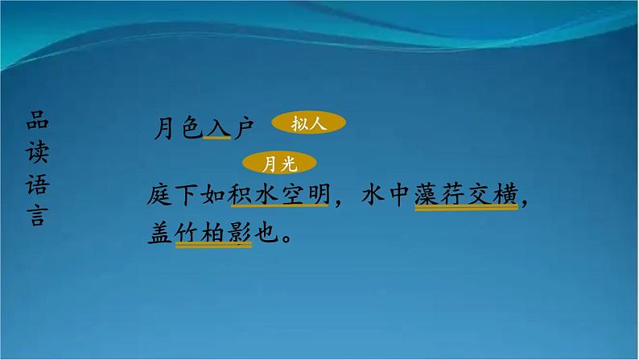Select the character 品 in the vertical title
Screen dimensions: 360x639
click(x=37, y=120)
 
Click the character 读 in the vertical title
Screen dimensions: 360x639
click(x=37, y=153)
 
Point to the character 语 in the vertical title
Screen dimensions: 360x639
click(x=37, y=186)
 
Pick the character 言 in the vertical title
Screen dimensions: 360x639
click(x=37, y=218)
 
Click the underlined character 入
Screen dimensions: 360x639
click(x=216, y=127)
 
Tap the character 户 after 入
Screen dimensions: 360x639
click(x=242, y=127)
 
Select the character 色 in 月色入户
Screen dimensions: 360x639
click(x=191, y=127)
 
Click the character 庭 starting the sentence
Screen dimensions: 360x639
click(x=162, y=194)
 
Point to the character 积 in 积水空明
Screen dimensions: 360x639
click(x=239, y=194)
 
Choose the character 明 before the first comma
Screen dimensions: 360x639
click(x=316, y=194)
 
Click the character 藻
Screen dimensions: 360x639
click(x=428, y=194)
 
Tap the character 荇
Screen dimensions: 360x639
click(x=454, y=194)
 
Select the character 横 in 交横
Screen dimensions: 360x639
click(x=505, y=194)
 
